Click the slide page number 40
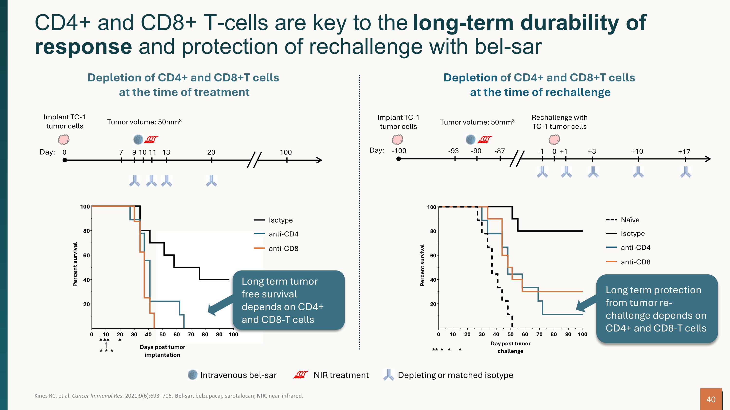pos(711,400)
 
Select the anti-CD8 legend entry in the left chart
pos(283,248)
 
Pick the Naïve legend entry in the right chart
pos(630,220)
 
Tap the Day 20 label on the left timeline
pos(211,152)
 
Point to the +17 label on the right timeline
pos(684,152)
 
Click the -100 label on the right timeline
pos(399,151)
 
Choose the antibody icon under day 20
pos(211,181)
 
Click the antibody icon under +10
pos(638,172)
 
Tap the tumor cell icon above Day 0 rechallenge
pos(554,139)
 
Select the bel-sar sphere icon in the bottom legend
pos(193,375)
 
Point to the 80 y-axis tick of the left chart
pos(86,231)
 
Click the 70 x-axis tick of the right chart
pos(539,334)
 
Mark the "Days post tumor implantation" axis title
pos(162,351)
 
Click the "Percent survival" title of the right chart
pos(422,265)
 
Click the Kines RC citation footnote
pos(169,396)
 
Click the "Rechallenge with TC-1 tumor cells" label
pos(559,122)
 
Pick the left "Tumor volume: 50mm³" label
pos(144,122)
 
